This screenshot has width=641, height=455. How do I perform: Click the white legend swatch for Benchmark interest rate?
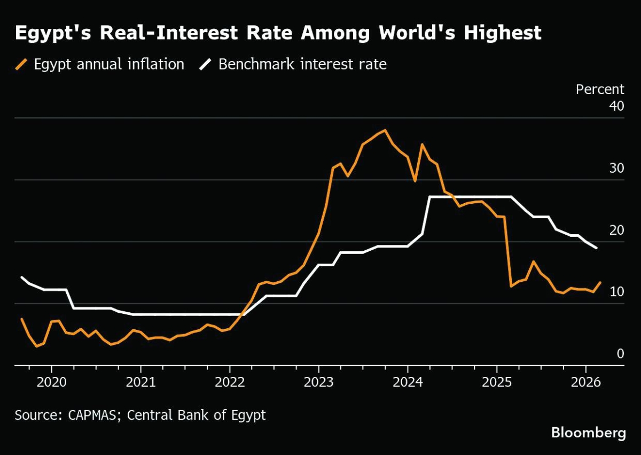207,65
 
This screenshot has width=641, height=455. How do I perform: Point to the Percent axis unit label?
600,89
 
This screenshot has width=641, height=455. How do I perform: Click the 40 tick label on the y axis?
616,106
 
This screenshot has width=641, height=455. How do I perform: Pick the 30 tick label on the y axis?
616,168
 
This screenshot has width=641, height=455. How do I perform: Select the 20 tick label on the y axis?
616,230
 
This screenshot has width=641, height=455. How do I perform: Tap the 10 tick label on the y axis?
616,292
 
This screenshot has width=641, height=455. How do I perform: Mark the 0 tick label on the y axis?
620,354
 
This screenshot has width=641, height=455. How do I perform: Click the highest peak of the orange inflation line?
385,130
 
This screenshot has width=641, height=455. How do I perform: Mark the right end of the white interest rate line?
596,248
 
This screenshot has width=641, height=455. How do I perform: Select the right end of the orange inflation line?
600,282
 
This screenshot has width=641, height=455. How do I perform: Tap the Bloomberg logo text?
588,433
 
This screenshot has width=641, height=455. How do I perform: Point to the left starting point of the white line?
21,277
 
